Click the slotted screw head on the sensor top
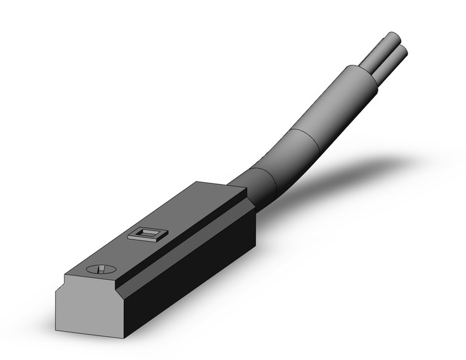coord(101,269)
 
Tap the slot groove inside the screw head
coord(101,269)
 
